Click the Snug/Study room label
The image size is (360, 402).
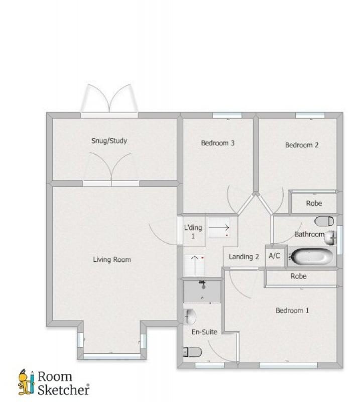coord(109,141)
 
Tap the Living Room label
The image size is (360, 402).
coord(111,259)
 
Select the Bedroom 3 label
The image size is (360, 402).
coord(217,143)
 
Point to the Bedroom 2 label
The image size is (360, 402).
coord(302,145)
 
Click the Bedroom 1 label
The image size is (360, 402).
coord(292,311)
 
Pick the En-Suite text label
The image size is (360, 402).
coord(204,332)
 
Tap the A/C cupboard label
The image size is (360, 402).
coord(274,256)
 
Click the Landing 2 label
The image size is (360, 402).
coord(244,257)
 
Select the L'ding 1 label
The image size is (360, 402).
coord(193,232)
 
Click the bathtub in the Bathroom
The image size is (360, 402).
coord(312,256)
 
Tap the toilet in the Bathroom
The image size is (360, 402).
coord(324,221)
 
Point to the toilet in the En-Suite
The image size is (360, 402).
coord(192,352)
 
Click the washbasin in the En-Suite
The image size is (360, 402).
coord(190,317)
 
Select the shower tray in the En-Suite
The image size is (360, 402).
coord(202,291)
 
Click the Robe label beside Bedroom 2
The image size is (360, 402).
coord(314,204)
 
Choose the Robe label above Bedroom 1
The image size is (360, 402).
coord(299,276)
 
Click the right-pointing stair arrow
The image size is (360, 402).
coord(218,228)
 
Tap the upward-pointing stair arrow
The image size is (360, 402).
coord(195,265)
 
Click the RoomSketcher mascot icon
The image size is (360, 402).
coord(26,382)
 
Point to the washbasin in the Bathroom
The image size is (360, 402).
coord(329,238)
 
